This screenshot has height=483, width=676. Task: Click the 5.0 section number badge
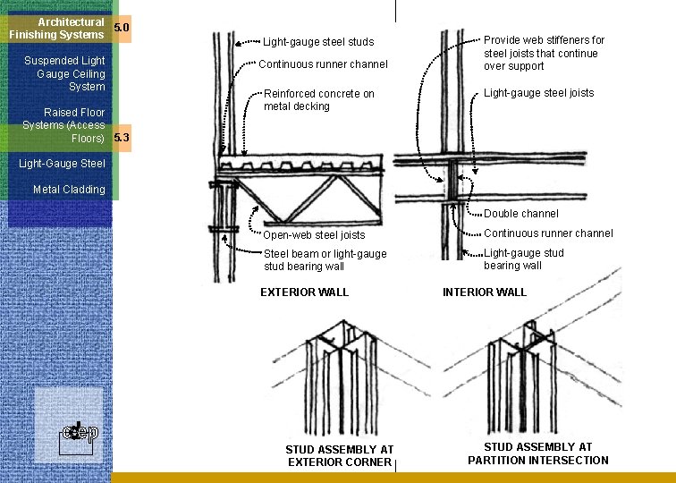pyautogui.click(x=122, y=28)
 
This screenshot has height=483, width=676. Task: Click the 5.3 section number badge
pyautogui.click(x=122, y=138)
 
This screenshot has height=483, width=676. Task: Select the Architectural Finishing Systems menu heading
pyautogui.click(x=56, y=29)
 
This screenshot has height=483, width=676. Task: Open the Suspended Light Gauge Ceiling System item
pyautogui.click(x=64, y=73)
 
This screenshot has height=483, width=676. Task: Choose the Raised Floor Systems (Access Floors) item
pyautogui.click(x=63, y=125)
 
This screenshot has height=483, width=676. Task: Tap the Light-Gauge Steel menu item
pyautogui.click(x=62, y=164)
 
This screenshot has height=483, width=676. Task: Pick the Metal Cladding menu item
pyautogui.click(x=69, y=190)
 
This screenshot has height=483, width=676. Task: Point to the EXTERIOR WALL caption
pyautogui.click(x=304, y=292)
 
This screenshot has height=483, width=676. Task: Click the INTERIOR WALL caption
pyautogui.click(x=485, y=292)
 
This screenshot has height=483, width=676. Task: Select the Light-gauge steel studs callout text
pyautogui.click(x=318, y=42)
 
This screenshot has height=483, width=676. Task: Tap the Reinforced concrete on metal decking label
pyautogui.click(x=319, y=100)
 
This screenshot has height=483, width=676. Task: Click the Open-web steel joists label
pyautogui.click(x=314, y=235)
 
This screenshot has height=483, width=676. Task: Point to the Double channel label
pyautogui.click(x=521, y=214)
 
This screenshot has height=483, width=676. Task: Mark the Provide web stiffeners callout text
pyautogui.click(x=544, y=53)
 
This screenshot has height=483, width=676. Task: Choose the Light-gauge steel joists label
pyautogui.click(x=539, y=93)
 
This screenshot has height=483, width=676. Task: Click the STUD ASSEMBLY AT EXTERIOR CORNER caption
pyautogui.click(x=340, y=456)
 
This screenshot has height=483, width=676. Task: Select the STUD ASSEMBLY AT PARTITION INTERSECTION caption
pyautogui.click(x=538, y=453)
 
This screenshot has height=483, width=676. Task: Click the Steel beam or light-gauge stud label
pyautogui.click(x=325, y=260)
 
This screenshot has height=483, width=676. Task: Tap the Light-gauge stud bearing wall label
pyautogui.click(x=524, y=259)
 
